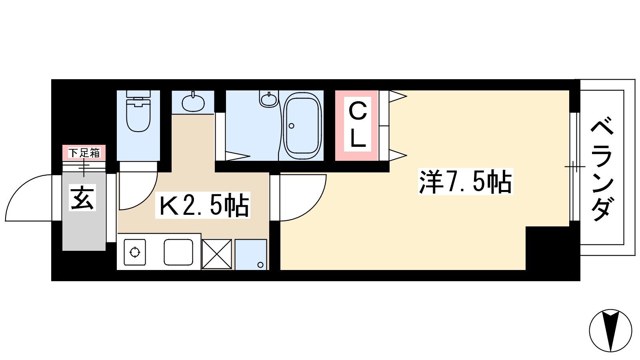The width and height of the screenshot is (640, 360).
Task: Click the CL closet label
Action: [x=358, y=124]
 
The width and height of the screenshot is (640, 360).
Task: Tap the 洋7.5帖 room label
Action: [x=466, y=182]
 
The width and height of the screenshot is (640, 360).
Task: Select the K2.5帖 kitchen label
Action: [x=202, y=206]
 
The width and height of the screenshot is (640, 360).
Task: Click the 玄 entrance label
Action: [x=82, y=198]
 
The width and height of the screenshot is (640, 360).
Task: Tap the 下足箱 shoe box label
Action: [x=84, y=153]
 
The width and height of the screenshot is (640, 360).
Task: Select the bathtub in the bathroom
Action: [x=302, y=126]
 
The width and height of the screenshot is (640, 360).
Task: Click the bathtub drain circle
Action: [x=292, y=126]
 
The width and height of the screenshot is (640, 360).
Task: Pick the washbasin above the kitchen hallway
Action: [x=194, y=102]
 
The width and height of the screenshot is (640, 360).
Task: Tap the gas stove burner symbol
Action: [x=135, y=252]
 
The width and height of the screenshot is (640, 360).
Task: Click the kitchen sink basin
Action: [x=178, y=252]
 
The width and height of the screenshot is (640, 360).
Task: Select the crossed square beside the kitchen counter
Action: [x=217, y=254]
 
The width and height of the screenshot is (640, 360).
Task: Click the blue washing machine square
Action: [x=251, y=254]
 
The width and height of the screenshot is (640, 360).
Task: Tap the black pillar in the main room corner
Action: [x=548, y=248]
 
